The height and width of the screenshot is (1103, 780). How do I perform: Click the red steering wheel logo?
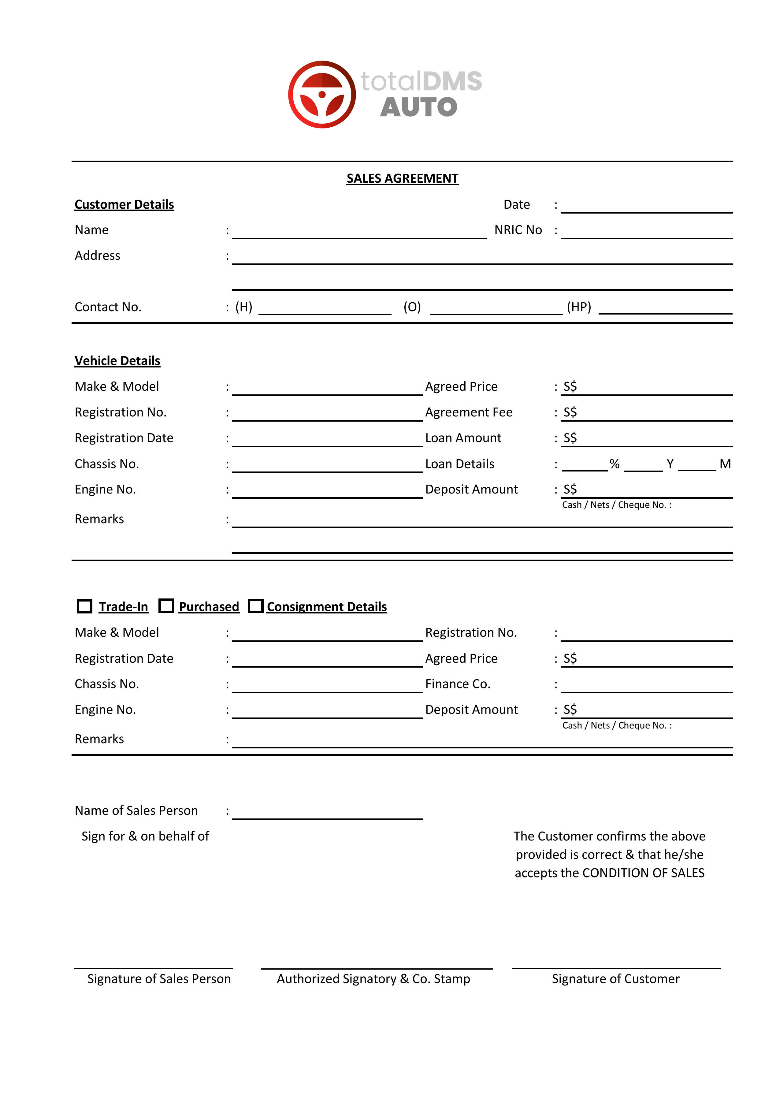tap(322, 95)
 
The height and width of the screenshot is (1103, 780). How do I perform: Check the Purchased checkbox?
tap(166, 606)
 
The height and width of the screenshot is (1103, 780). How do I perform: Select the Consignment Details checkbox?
tap(255, 606)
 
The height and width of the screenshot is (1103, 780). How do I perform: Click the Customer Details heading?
tap(124, 205)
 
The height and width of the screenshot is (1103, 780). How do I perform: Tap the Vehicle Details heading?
tap(117, 361)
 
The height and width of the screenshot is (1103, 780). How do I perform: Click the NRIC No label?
tap(518, 230)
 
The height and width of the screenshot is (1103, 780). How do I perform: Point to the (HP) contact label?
tap(579, 307)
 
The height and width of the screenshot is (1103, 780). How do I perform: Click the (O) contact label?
tap(412, 307)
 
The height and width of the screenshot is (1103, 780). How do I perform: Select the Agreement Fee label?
tap(469, 412)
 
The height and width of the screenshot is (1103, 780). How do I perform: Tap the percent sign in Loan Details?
tap(614, 464)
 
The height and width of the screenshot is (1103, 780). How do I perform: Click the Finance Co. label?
tap(458, 684)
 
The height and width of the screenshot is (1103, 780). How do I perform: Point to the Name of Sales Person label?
tap(136, 811)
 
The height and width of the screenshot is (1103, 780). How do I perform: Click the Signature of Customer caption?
tap(615, 979)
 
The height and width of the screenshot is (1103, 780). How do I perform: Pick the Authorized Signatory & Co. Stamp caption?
tap(373, 979)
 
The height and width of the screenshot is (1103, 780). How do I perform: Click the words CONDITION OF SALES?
tap(643, 873)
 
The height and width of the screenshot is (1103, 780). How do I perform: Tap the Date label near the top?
tap(516, 205)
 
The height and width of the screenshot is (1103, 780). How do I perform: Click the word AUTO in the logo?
tap(418, 107)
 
